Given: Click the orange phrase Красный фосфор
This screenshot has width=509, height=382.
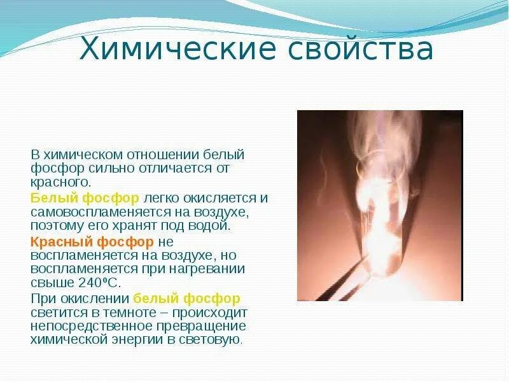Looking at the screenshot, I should pyautogui.click(x=92, y=242).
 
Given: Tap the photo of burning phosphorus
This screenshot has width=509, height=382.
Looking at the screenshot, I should pyautogui.click(x=380, y=205).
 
